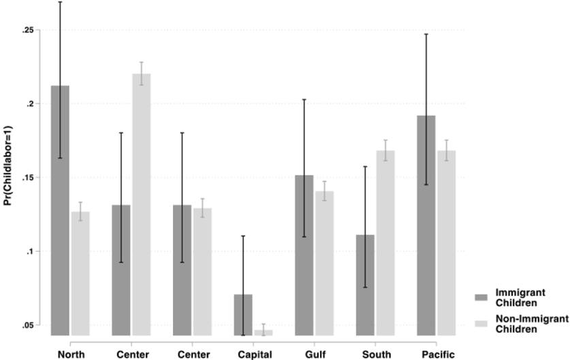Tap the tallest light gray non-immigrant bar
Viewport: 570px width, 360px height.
pos(141,204)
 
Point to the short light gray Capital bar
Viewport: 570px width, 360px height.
pos(263,332)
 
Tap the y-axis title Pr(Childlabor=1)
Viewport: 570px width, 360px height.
pos(9,179)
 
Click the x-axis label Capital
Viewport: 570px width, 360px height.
pos(255,354)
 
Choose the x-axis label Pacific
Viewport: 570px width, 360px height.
pos(438,354)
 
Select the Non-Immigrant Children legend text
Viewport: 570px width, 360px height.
pos(528,324)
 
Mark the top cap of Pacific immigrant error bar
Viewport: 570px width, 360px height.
pos(426,34)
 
